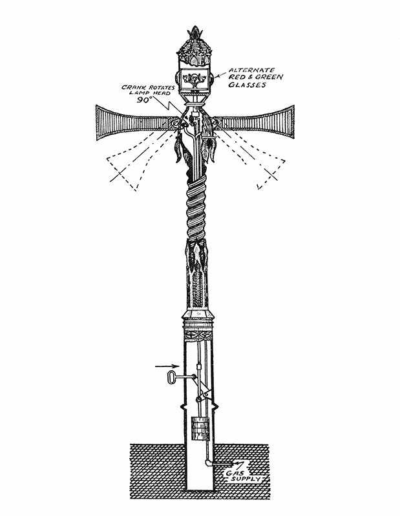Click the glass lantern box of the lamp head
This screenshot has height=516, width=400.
195,75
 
